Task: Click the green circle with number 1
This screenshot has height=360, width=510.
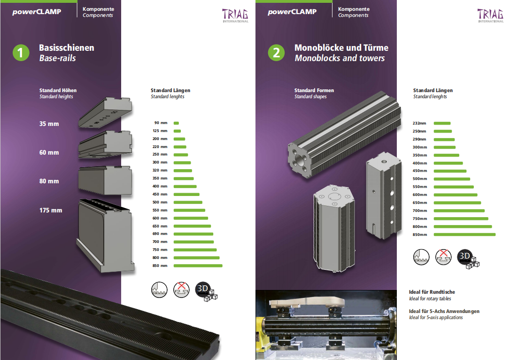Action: tap(21, 53)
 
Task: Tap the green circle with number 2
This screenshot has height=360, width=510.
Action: tap(276, 53)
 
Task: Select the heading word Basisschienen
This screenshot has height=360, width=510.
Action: tap(67, 48)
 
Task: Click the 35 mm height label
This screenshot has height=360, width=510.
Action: tap(49, 124)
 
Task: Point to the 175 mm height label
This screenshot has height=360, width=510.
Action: tap(51, 210)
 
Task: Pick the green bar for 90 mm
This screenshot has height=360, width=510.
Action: tap(176, 123)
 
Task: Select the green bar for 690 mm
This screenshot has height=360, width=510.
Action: tap(193, 234)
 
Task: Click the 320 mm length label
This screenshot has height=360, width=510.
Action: tap(160, 170)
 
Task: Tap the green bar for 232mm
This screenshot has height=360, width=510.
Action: tap(442, 123)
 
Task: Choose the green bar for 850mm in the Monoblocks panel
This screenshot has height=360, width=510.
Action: tap(465, 235)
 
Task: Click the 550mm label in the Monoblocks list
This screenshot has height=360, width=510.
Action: tap(420, 187)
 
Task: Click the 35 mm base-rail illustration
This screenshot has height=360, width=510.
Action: tap(105, 112)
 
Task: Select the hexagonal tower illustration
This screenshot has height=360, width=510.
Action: tap(334, 228)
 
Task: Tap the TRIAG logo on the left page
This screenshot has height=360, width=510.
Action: tap(235, 16)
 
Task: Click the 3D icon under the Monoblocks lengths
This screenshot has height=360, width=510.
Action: tap(468, 259)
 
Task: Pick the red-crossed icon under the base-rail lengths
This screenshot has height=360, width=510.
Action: tap(181, 290)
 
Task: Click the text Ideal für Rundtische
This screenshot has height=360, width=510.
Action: tap(432, 292)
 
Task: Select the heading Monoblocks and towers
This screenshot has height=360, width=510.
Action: tap(340, 58)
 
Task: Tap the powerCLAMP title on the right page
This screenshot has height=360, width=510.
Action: tap(292, 12)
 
